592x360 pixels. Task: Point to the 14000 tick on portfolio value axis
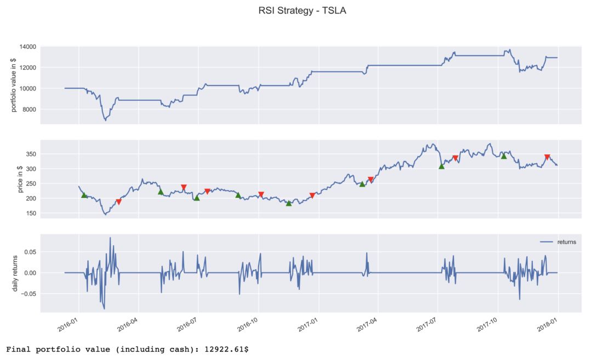[x=28, y=47]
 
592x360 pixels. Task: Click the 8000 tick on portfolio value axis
[x=30, y=110]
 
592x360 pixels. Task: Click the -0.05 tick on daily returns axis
[x=29, y=294]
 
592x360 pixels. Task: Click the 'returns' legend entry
[x=566, y=242]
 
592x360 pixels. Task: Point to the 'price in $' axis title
[x=20, y=179]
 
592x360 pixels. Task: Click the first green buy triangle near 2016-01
[x=84, y=195]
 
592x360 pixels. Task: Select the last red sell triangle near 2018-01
[x=547, y=157]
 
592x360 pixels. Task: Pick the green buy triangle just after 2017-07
[x=441, y=166]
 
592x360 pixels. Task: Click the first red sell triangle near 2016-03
[x=118, y=202]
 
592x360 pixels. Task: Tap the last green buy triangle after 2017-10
[x=504, y=156]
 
